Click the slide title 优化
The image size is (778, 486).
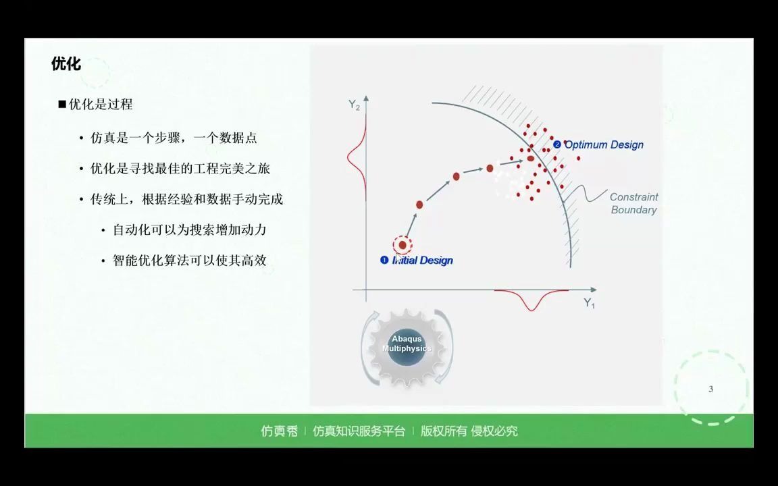66,64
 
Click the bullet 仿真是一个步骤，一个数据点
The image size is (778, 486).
174,138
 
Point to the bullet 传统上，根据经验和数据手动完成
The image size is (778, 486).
186,199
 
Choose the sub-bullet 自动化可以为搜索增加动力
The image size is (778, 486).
189,230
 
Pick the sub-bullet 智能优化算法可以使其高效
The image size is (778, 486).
189,261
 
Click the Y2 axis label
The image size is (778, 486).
354,105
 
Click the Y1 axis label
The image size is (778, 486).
589,303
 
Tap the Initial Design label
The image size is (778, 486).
421,261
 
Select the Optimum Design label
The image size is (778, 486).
603,144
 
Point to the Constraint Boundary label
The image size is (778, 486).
633,203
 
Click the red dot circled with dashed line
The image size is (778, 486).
403,245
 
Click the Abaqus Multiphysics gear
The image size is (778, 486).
407,347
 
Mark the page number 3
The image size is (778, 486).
710,389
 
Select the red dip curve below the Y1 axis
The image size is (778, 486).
531,301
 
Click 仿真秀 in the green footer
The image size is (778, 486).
279,431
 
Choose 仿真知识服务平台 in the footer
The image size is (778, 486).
359,431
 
